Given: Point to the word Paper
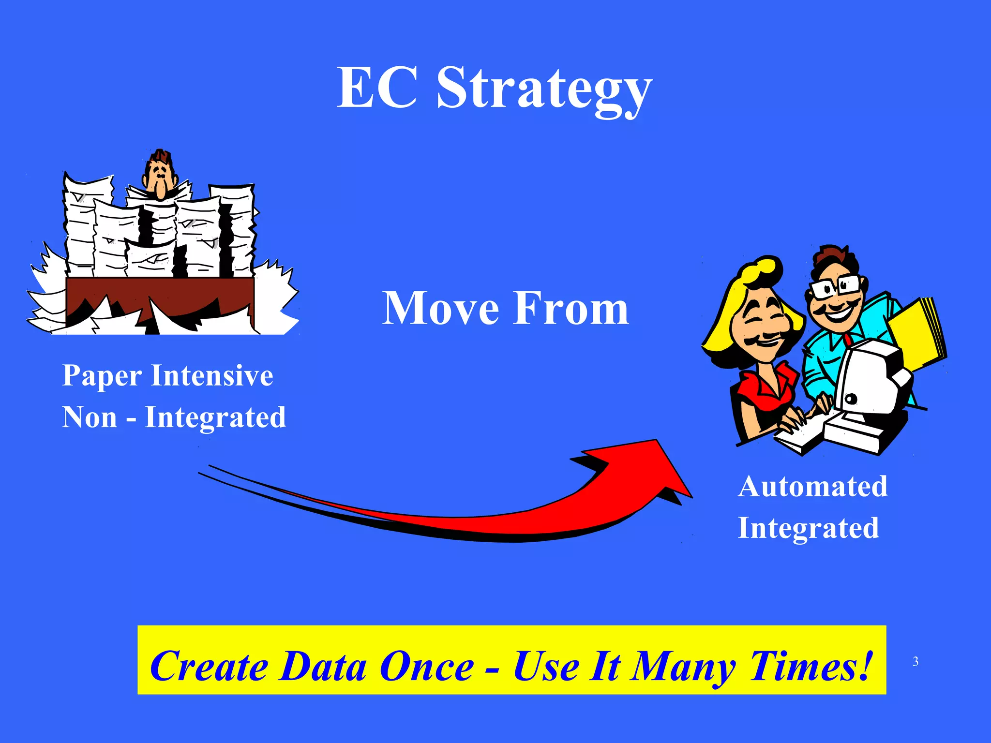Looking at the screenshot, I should [x=102, y=376].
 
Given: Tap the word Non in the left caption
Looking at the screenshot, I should [x=90, y=417].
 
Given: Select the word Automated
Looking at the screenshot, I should [x=812, y=486].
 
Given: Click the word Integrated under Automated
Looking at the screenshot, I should [x=808, y=528].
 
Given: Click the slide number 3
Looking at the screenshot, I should [x=916, y=662].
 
